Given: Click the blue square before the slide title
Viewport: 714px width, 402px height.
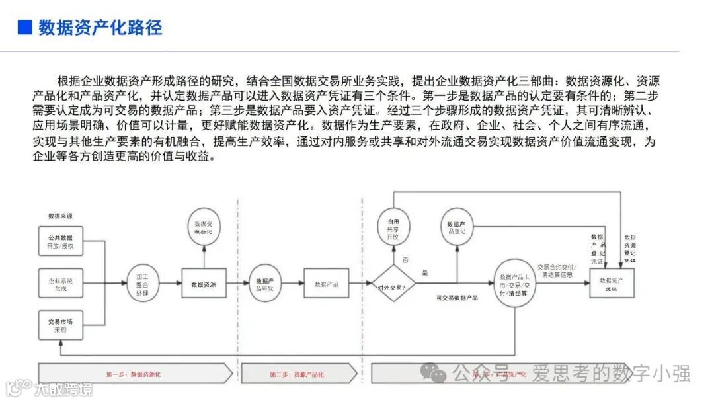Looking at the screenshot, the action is pyautogui.click(x=24, y=28).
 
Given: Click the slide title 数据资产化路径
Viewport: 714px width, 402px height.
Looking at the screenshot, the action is pyautogui.click(x=100, y=28).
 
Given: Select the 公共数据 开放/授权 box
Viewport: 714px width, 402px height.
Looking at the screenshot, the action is pyautogui.click(x=60, y=241).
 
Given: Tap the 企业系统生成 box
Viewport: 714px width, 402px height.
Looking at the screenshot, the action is pyautogui.click(x=60, y=284).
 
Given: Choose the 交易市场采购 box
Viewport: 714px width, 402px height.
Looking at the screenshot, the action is pyautogui.click(x=60, y=325).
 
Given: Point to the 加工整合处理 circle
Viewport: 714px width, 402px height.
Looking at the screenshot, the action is pyautogui.click(x=143, y=283).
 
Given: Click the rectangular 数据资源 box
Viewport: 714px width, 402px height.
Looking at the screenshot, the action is pyautogui.click(x=204, y=284).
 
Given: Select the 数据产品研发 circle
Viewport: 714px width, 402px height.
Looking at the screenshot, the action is pyautogui.click(x=265, y=284).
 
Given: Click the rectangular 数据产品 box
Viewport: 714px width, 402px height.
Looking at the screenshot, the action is pyautogui.click(x=326, y=284).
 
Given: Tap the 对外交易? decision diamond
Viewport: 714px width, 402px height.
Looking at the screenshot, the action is pyautogui.click(x=393, y=286).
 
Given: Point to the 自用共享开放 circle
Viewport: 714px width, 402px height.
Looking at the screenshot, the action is pyautogui.click(x=393, y=229).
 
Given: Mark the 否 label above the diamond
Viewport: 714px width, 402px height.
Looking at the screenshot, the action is pyautogui.click(x=405, y=260).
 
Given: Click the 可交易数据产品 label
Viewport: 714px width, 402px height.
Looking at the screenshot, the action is pyautogui.click(x=457, y=298).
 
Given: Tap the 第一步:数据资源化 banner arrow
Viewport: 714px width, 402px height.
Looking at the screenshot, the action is pyautogui.click(x=136, y=374).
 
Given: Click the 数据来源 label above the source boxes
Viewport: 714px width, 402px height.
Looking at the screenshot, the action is pyautogui.click(x=60, y=216).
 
